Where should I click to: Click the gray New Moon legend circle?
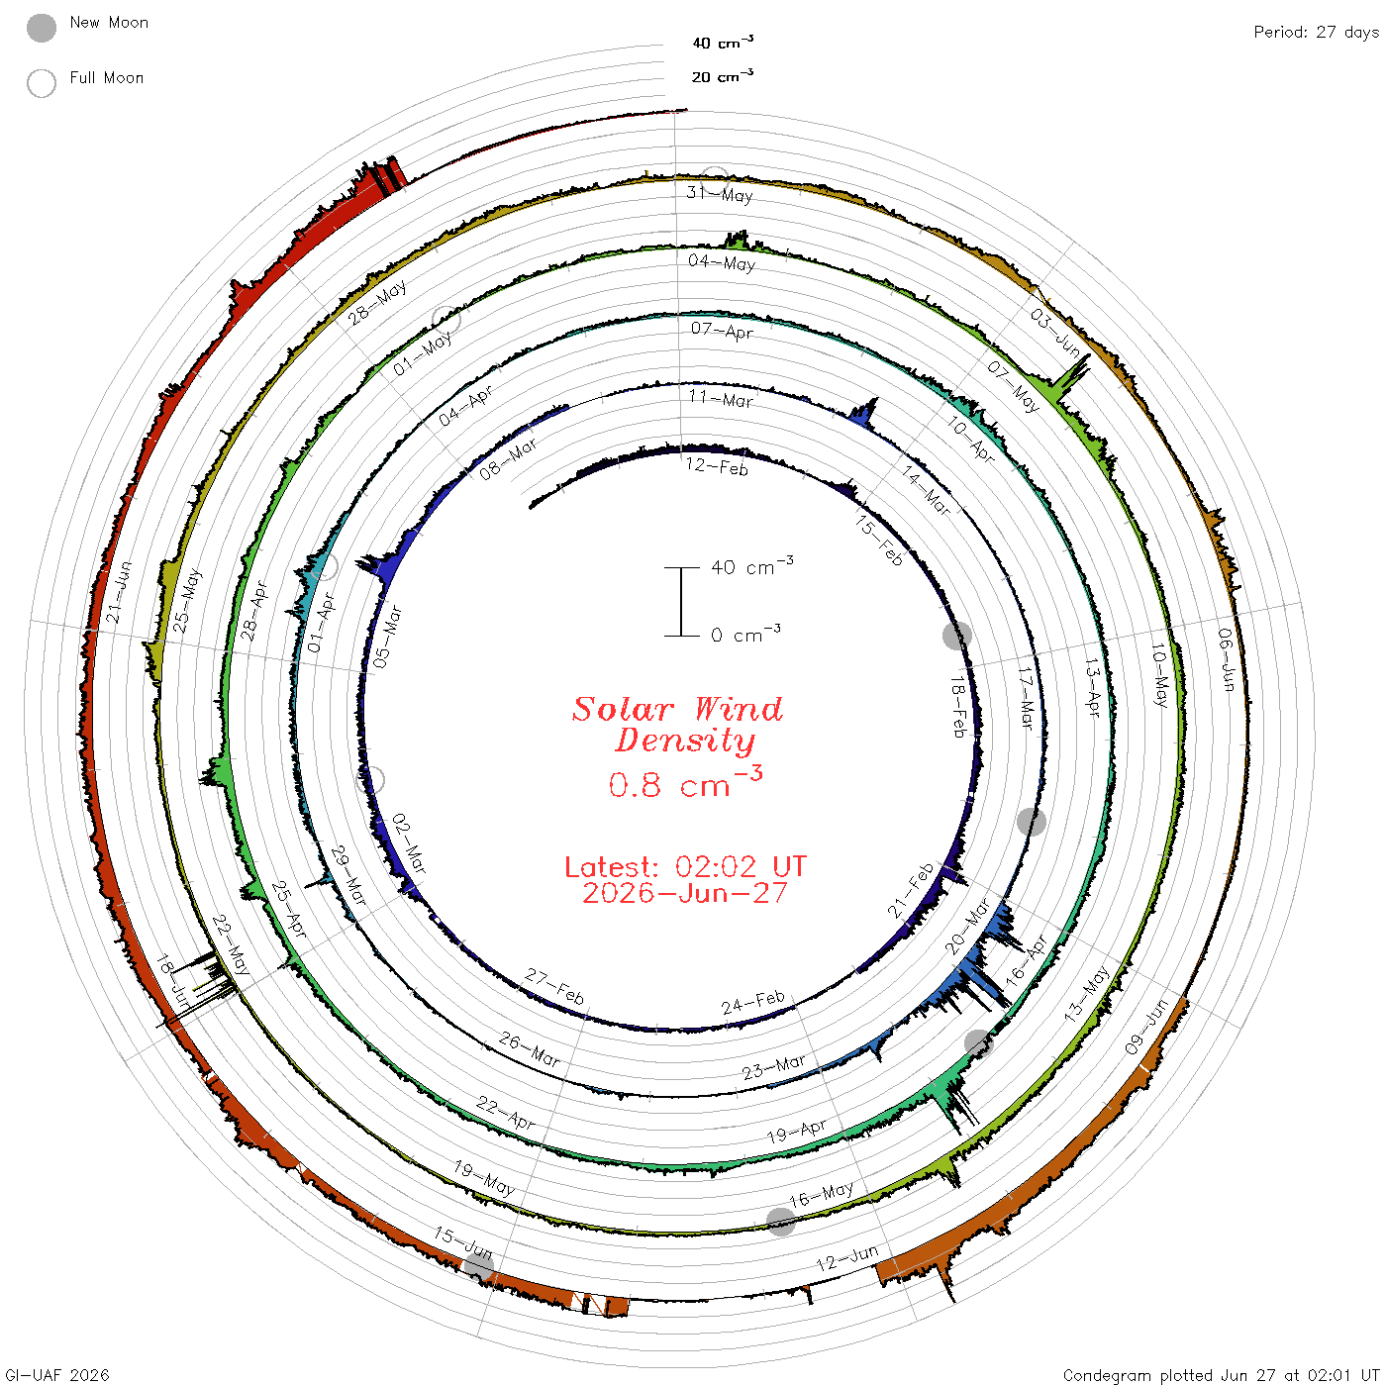41,28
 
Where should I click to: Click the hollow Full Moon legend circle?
41,83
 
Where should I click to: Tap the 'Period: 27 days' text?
1316,33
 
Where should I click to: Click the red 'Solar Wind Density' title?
677,725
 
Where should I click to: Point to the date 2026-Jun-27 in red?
685,893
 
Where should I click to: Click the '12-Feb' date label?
717,466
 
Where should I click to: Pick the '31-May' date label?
720,194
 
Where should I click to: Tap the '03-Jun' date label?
1055,333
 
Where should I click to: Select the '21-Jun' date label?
119,592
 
